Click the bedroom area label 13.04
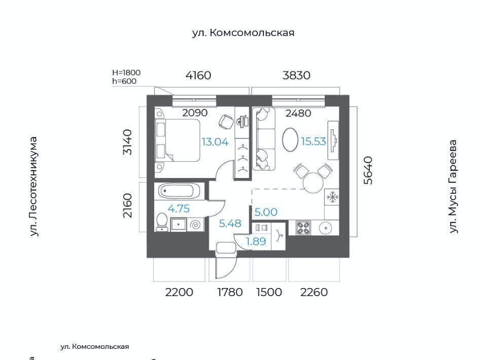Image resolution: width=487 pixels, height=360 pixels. (x=215, y=142)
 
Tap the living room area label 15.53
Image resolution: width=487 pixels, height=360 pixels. (x=314, y=141)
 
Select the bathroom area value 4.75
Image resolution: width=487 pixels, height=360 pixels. (x=179, y=208)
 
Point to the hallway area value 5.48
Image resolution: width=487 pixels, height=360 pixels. (x=230, y=224)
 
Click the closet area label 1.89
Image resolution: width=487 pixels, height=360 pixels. (x=256, y=241)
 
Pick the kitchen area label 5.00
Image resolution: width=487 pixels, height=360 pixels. (x=266, y=212)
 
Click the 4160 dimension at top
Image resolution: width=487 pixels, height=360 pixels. (x=198, y=76)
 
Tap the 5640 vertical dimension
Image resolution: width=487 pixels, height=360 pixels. (x=368, y=170)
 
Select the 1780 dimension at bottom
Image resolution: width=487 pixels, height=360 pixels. (x=230, y=292)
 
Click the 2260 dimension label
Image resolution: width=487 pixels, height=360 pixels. (x=314, y=292)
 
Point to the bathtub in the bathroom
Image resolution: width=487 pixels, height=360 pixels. (x=179, y=191)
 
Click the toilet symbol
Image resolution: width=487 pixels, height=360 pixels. (x=161, y=222)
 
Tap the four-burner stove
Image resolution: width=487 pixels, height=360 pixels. (x=303, y=228)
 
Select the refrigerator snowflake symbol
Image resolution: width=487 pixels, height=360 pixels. (x=332, y=197)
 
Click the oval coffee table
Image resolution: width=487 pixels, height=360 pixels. (x=291, y=140)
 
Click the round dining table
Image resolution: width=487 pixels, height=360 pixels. (x=314, y=183)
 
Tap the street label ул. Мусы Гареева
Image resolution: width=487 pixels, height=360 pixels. (x=453, y=187)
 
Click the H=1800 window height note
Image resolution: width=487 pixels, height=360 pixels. (x=126, y=73)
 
